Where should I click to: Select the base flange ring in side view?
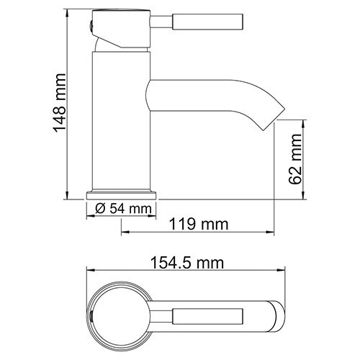point(122,195)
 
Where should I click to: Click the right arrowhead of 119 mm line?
point(276,233)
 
